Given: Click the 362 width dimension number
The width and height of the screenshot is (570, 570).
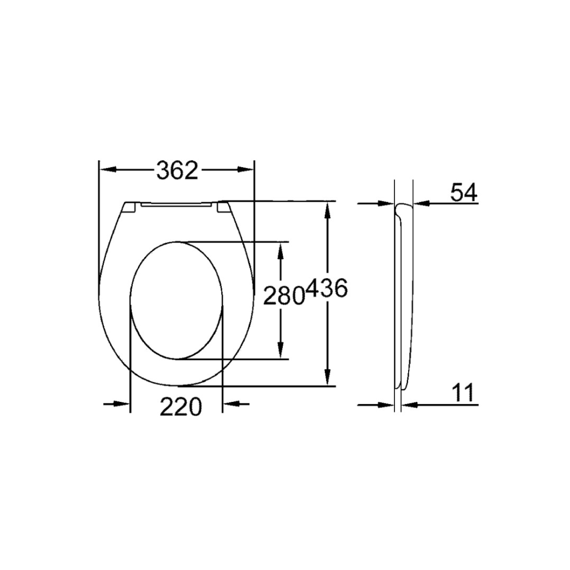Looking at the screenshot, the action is (177, 170).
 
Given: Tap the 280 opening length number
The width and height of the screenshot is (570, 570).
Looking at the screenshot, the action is (283, 295).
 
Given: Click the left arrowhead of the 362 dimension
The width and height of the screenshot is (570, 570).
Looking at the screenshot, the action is (108, 170).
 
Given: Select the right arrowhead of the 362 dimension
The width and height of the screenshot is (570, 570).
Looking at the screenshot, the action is (245, 170).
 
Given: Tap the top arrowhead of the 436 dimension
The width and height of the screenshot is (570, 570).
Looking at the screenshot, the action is (328, 210).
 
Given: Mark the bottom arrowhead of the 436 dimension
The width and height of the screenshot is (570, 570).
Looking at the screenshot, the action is (328, 377).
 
